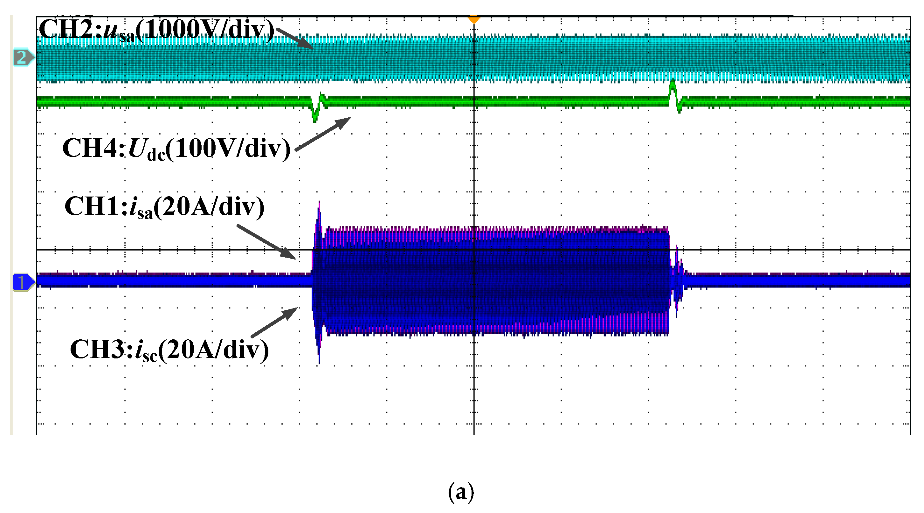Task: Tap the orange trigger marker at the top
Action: click(474, 19)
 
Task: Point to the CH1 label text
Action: click(164, 207)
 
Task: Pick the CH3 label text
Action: click(169, 350)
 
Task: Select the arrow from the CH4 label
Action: click(323, 134)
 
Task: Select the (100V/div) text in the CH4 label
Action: click(228, 149)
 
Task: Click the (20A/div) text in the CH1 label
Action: click(209, 207)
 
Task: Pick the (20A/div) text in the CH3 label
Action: click(213, 350)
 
